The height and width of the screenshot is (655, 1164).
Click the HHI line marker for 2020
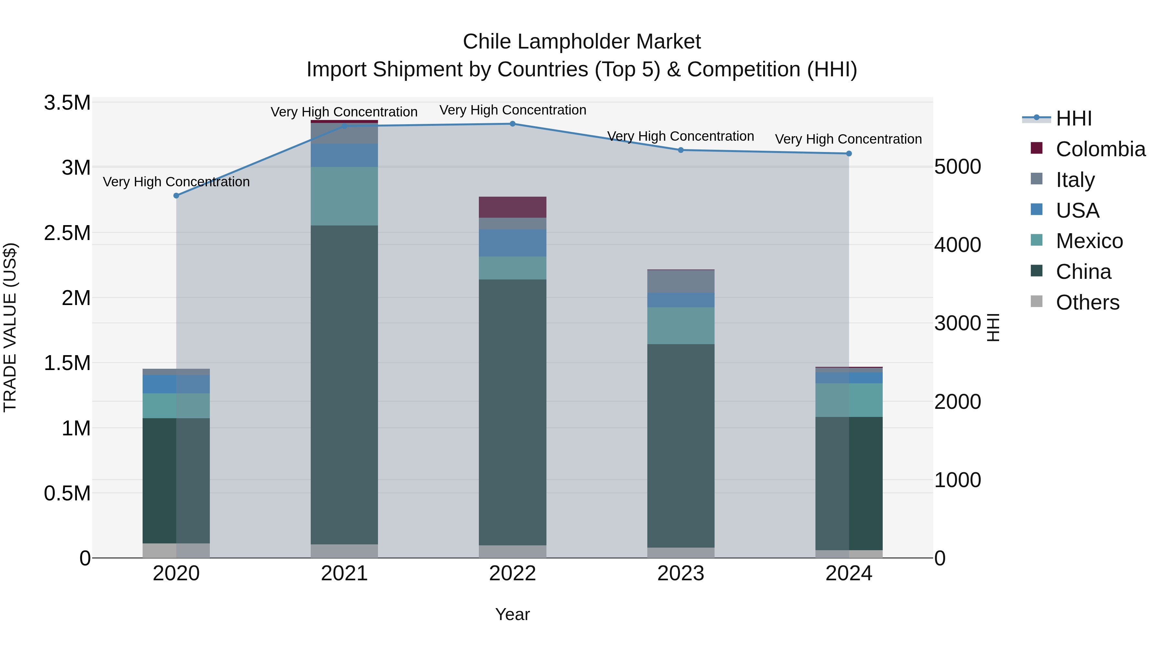[176, 196]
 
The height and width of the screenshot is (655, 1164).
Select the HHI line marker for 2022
[512, 124]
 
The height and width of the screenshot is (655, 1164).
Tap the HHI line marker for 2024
[849, 154]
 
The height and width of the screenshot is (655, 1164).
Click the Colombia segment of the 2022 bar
[512, 207]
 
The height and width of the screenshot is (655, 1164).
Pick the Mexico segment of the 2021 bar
[344, 196]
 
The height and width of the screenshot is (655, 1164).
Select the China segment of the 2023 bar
[681, 446]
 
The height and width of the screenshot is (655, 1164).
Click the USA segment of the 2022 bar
[512, 243]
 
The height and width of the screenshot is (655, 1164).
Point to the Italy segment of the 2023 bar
[681, 281]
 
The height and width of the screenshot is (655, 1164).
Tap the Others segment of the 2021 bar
[344, 551]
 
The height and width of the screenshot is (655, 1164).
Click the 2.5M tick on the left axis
[67, 233]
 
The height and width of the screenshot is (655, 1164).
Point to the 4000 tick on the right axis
[957, 245]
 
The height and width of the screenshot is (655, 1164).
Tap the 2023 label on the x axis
[681, 573]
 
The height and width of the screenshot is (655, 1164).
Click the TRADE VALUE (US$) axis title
[10, 327]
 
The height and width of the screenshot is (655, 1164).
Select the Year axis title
[512, 614]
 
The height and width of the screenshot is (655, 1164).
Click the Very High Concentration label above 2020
[176, 182]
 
